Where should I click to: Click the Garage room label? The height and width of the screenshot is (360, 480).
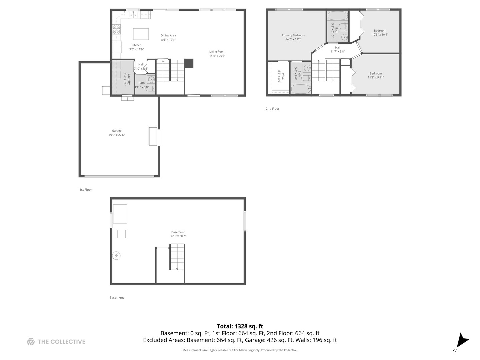point(117,131)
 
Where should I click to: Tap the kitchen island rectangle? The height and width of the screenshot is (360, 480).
point(141,34)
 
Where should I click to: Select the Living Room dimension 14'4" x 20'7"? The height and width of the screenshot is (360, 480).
point(217,56)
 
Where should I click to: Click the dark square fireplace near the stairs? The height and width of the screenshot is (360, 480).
point(189,63)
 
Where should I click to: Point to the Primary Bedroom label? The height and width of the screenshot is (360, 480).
point(293,35)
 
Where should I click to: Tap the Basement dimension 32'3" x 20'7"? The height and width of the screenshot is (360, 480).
point(178,236)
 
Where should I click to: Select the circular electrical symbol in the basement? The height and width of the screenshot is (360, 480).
point(116,256)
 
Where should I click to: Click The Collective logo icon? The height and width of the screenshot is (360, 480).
point(31,342)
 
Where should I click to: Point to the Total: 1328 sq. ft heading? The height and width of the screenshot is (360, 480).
point(240,326)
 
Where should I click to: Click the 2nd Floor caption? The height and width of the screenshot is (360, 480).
point(273,109)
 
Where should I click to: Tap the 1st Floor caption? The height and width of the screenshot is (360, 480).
point(86,190)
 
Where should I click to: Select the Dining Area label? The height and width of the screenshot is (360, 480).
point(168,35)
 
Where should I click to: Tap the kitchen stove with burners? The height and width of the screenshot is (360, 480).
point(116,30)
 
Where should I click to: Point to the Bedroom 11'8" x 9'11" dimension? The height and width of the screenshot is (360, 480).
point(376,77)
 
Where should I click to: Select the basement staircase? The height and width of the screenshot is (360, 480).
point(177,257)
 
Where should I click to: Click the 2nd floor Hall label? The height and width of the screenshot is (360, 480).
point(338,48)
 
